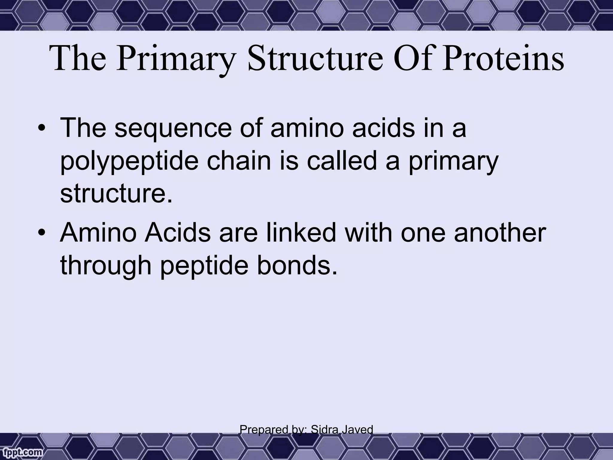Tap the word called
(343, 161)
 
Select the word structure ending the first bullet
(116, 194)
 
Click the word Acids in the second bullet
(177, 233)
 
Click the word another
(500, 233)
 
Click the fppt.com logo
(21, 453)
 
